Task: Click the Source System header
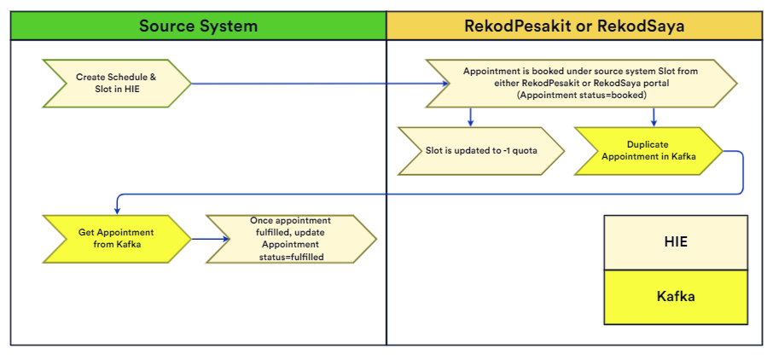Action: (x=198, y=26)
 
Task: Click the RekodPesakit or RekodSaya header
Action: (x=574, y=26)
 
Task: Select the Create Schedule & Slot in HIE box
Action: (x=116, y=83)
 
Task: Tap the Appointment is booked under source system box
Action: (x=581, y=84)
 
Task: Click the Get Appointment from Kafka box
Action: (x=116, y=239)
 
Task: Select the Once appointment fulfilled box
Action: (x=291, y=239)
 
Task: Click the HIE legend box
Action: (x=676, y=241)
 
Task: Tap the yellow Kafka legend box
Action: (x=676, y=297)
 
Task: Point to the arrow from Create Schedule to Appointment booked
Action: (x=320, y=84)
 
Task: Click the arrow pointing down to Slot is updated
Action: (x=468, y=116)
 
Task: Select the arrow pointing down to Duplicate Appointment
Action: (x=654, y=116)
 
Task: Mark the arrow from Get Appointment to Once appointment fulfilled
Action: (x=210, y=239)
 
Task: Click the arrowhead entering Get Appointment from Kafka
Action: (x=116, y=211)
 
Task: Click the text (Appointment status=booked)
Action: (x=581, y=96)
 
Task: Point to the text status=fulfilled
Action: (x=291, y=256)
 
